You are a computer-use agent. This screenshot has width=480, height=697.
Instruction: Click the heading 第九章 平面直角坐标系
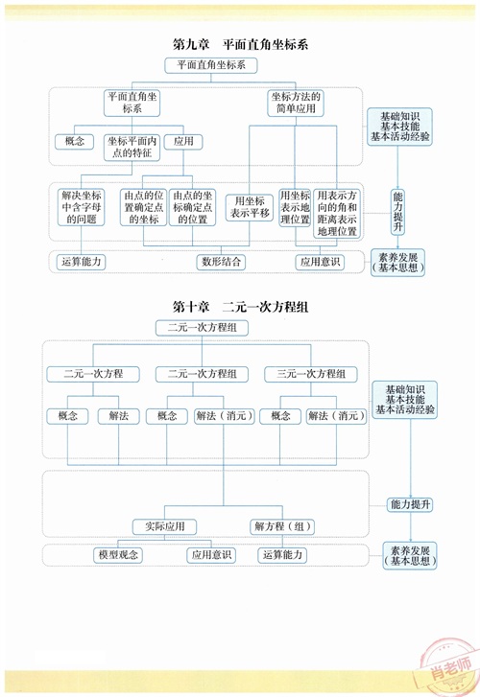tap(240, 44)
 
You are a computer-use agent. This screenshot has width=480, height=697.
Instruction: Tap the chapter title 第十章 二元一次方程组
tap(240, 307)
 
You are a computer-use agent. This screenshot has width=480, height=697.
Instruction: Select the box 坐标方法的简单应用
tap(296, 103)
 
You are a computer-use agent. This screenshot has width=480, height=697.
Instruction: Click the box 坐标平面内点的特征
tap(132, 147)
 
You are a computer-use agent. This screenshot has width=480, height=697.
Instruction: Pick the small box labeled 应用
tap(183, 141)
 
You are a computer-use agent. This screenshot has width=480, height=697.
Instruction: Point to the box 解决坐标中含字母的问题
tap(81, 207)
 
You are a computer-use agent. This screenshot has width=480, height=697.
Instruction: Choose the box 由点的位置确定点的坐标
tap(143, 207)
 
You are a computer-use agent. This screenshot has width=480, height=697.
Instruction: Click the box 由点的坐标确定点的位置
tap(192, 207)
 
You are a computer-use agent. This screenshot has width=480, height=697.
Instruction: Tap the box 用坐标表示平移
tap(250, 207)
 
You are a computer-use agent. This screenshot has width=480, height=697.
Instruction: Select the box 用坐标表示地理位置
tap(295, 208)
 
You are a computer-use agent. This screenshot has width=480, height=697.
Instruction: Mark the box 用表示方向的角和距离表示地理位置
tap(337, 214)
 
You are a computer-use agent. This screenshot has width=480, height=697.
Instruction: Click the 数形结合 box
tap(221, 262)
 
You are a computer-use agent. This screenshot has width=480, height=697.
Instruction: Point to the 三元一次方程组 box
tap(311, 374)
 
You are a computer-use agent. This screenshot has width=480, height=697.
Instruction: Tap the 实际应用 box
tap(165, 526)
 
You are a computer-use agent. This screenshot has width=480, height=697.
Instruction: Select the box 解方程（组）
tap(282, 526)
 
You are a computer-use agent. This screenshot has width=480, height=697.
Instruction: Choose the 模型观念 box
tap(118, 555)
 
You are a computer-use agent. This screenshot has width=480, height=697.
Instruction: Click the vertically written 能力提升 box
tap(397, 212)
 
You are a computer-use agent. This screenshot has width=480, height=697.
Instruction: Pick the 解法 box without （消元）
tap(118, 416)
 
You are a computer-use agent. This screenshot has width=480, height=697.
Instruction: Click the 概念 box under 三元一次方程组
tap(280, 416)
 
